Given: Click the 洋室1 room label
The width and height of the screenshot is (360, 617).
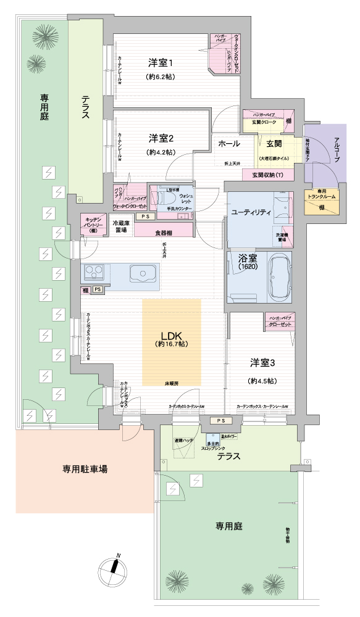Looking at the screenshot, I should pos(162,63).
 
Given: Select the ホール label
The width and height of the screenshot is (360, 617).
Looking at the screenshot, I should pos(230,143).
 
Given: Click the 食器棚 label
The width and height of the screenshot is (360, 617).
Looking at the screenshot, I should pos(164,233).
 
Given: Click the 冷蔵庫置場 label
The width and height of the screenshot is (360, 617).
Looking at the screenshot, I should pos(121,226).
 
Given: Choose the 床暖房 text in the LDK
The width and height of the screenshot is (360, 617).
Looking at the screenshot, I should pos(171,383).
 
